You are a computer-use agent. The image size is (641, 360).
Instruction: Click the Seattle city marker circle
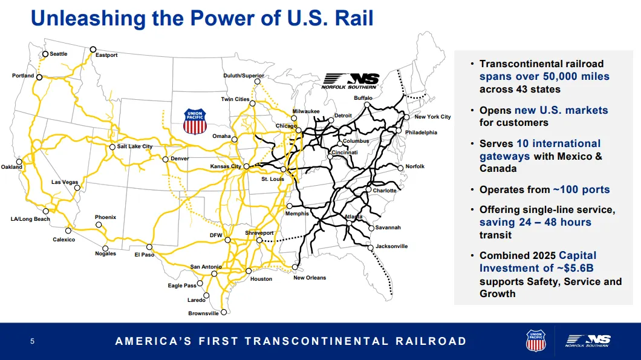(x=45, y=54)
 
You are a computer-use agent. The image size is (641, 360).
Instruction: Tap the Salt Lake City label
(x=134, y=146)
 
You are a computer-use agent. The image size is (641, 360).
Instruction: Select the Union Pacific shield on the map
(x=195, y=122)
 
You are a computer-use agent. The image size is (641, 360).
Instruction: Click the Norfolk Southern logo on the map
(x=350, y=81)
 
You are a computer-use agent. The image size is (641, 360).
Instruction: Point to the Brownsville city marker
(x=224, y=312)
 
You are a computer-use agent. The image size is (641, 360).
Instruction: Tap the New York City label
(x=432, y=117)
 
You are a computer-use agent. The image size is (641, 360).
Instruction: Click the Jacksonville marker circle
(x=370, y=247)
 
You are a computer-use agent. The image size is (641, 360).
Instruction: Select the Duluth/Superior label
(x=244, y=76)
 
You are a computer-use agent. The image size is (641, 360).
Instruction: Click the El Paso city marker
(x=149, y=247)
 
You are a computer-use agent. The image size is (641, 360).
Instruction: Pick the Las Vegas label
(x=65, y=182)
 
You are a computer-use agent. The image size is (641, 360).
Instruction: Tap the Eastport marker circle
(x=93, y=50)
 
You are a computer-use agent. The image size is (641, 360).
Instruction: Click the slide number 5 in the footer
(x=32, y=341)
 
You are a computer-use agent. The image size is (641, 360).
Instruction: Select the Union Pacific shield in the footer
(x=536, y=341)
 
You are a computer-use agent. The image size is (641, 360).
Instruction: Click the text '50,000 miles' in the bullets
(x=576, y=76)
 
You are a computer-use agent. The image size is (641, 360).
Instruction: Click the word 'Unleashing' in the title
(x=88, y=18)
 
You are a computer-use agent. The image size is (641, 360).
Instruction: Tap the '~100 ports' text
(x=581, y=190)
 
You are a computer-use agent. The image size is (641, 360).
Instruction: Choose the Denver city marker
(x=166, y=159)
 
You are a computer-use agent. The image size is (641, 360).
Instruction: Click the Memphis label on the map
(x=297, y=214)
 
